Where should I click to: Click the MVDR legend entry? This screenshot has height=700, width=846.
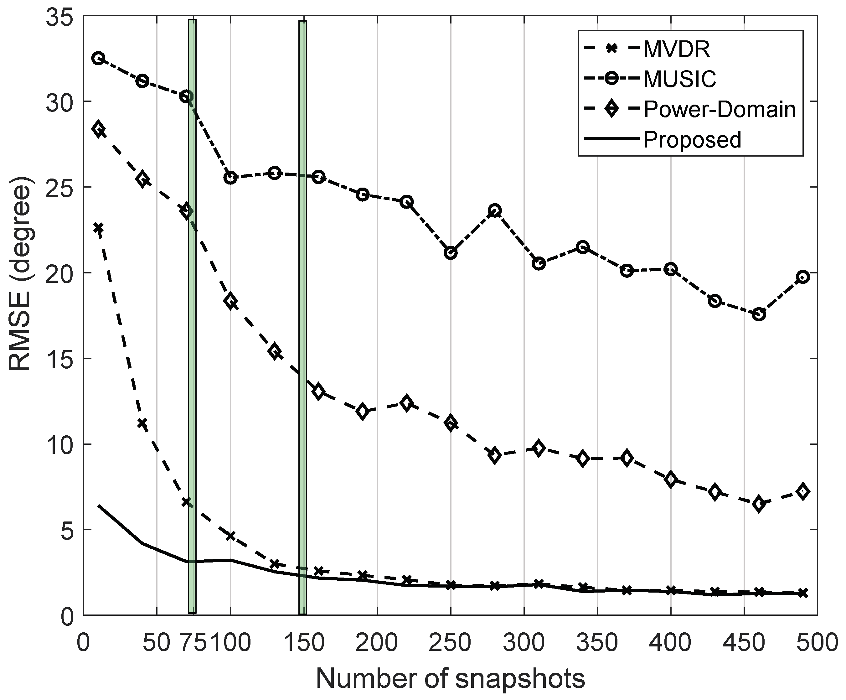(676, 49)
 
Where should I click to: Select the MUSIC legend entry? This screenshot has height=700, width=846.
(680, 79)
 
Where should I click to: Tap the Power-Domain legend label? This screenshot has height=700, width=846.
(720, 110)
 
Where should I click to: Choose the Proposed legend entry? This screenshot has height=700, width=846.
(692, 140)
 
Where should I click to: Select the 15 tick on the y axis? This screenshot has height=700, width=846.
(59, 359)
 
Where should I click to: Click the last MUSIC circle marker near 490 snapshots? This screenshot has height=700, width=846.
(802, 277)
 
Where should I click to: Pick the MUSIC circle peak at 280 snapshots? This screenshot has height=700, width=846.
(495, 210)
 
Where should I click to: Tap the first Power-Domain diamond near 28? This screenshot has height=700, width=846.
(98, 129)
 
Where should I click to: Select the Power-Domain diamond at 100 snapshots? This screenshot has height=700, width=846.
(230, 301)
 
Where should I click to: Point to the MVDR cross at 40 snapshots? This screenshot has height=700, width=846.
(142, 423)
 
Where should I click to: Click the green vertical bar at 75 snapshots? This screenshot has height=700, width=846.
(192, 322)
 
